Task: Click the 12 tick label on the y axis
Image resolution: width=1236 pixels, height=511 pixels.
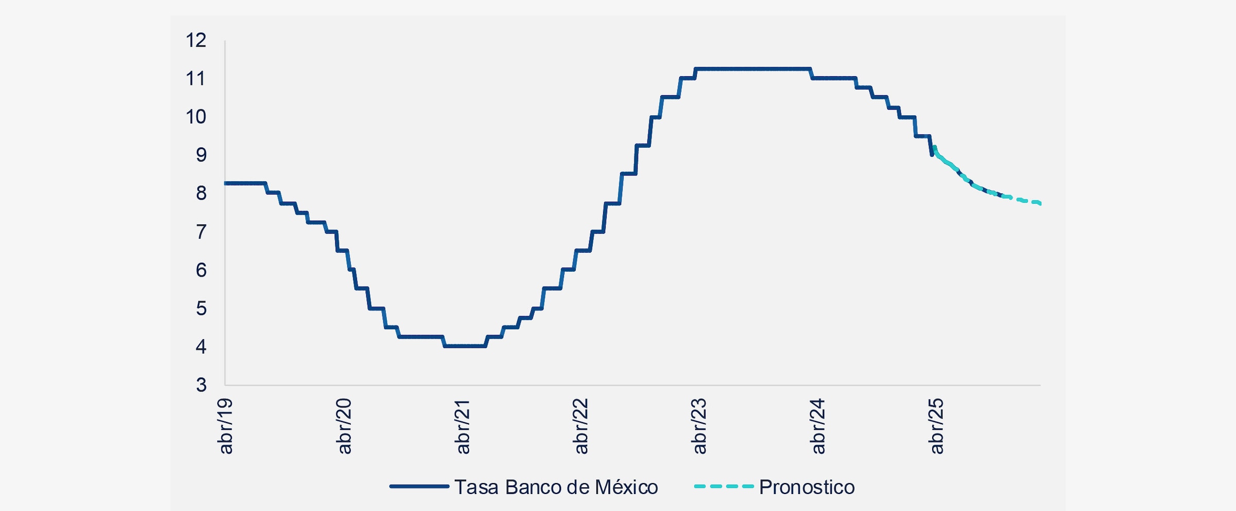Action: (196, 40)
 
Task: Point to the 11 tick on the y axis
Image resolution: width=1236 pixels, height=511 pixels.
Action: (196, 79)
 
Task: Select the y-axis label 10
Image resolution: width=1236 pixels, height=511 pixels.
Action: (196, 117)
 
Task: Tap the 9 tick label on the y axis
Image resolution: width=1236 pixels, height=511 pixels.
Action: (201, 155)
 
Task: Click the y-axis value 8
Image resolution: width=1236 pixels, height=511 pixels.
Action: (201, 193)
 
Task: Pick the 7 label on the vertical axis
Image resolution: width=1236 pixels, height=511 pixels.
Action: (201, 232)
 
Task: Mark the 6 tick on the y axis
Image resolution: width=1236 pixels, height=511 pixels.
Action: (201, 270)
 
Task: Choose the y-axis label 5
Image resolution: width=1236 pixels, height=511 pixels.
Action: (201, 309)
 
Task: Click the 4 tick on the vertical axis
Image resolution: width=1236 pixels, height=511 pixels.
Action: (201, 347)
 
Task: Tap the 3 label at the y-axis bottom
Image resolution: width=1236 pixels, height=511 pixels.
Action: (201, 385)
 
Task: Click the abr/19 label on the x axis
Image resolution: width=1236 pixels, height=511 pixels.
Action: (226, 426)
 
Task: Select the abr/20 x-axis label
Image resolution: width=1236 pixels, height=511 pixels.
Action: (344, 426)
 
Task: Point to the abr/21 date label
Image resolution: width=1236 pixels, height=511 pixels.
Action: (462, 426)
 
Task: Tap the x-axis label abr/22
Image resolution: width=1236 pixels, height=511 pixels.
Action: (581, 426)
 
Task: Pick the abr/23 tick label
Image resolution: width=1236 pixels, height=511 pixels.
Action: (699, 426)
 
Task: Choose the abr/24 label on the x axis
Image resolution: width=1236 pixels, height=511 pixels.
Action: (818, 426)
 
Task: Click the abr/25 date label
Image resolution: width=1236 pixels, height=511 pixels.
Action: (936, 426)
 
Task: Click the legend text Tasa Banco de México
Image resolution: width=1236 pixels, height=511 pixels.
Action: (556, 487)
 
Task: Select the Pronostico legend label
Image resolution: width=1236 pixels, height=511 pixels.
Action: (806, 487)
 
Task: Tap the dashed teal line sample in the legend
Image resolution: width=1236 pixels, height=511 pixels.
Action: (724, 486)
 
